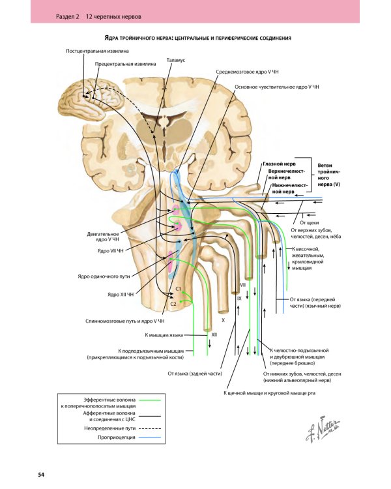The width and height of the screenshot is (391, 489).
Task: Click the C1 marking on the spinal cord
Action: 179,288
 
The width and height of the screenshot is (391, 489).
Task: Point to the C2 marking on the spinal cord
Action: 173,304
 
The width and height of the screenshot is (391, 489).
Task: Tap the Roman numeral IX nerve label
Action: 239,298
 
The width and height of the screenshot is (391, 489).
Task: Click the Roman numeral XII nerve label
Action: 214,334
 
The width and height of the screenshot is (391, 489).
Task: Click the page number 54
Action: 40,474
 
